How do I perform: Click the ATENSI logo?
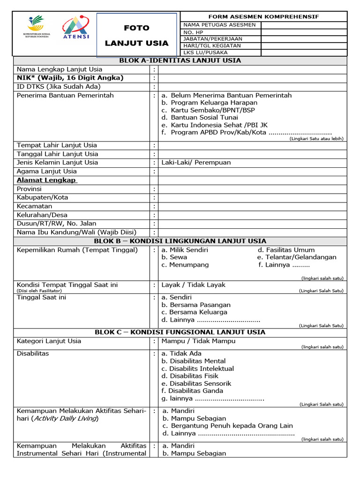tap(76, 29)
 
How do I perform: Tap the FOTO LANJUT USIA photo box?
tap(136, 36)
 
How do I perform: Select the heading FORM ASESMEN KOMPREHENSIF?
tap(263, 16)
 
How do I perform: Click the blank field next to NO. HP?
tap(303, 32)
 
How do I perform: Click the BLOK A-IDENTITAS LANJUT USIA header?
tap(180, 60)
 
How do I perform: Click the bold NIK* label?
tap(70, 78)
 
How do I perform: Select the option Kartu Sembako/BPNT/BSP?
tap(208, 110)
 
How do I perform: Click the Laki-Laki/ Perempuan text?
tap(196, 163)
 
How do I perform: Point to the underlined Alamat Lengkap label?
tap(47, 180)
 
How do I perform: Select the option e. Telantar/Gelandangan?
tap(297, 257)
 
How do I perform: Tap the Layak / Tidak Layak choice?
tap(193, 285)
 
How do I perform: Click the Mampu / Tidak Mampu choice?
tap(198, 341)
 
